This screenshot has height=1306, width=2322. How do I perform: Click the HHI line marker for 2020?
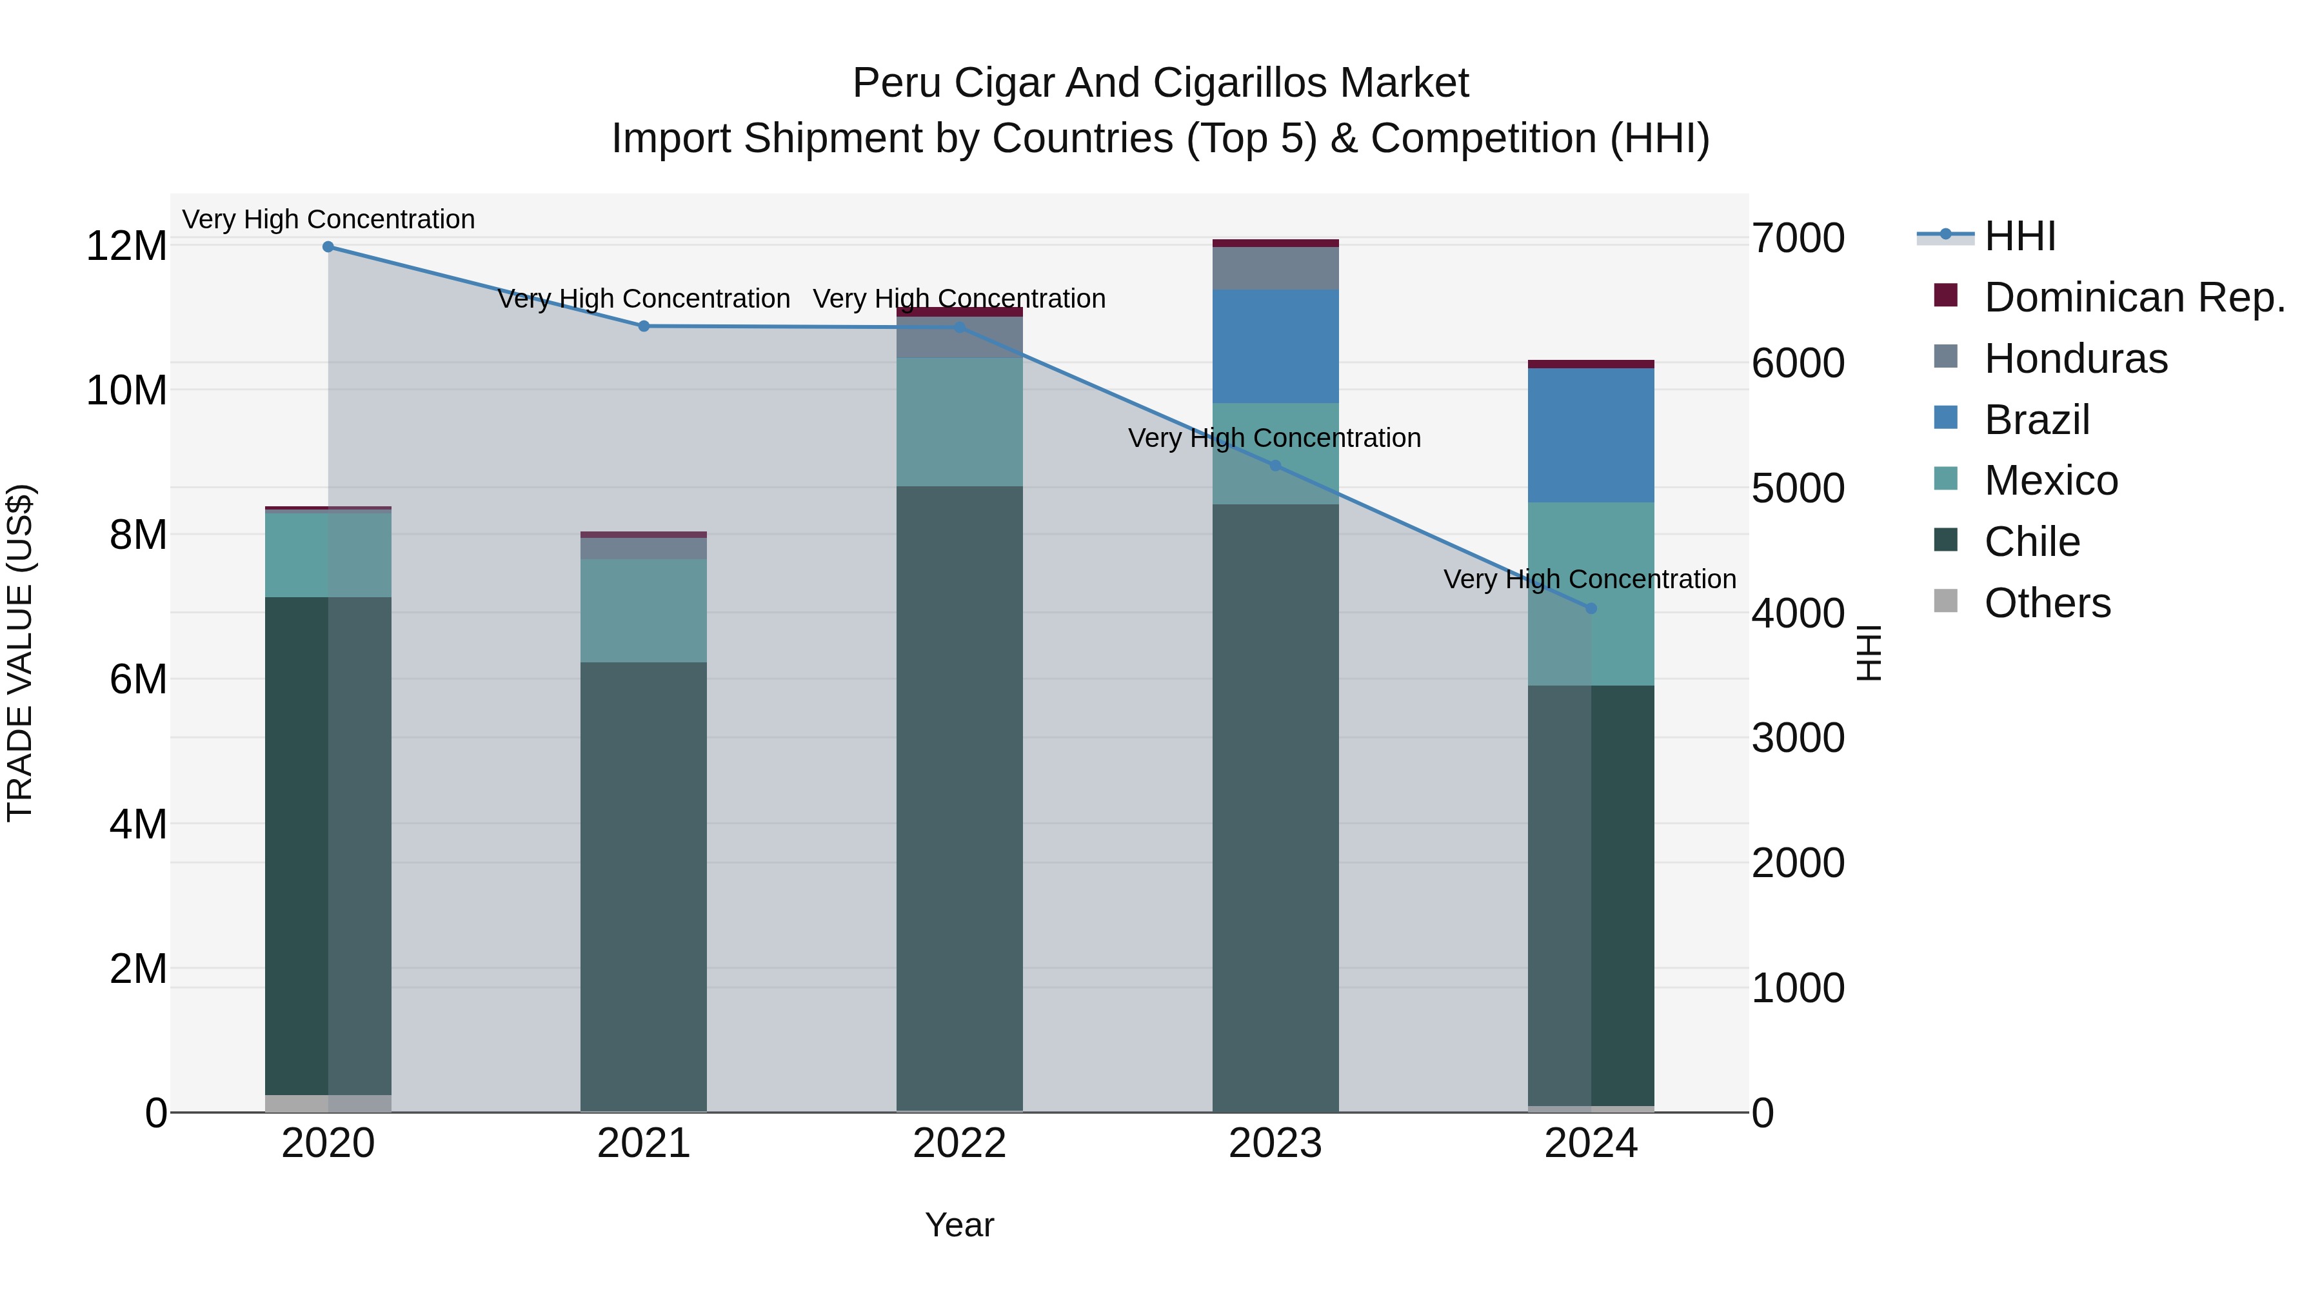click(328, 247)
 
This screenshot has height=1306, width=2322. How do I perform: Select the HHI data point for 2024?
click(1591, 608)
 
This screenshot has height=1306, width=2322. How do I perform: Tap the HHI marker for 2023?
click(1275, 466)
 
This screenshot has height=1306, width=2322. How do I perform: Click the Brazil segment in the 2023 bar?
click(1275, 346)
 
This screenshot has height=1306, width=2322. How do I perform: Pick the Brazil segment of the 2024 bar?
click(1591, 435)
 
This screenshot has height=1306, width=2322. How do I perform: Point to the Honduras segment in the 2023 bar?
click(1275, 268)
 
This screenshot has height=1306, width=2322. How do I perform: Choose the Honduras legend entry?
click(2075, 359)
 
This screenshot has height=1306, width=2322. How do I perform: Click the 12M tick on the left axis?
click(126, 246)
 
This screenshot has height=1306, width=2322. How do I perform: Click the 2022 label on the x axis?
click(959, 1143)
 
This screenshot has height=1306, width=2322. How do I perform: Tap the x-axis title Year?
click(959, 1225)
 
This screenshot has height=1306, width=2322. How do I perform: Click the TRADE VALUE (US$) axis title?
click(20, 653)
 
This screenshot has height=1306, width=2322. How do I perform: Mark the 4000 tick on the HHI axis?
click(1798, 614)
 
